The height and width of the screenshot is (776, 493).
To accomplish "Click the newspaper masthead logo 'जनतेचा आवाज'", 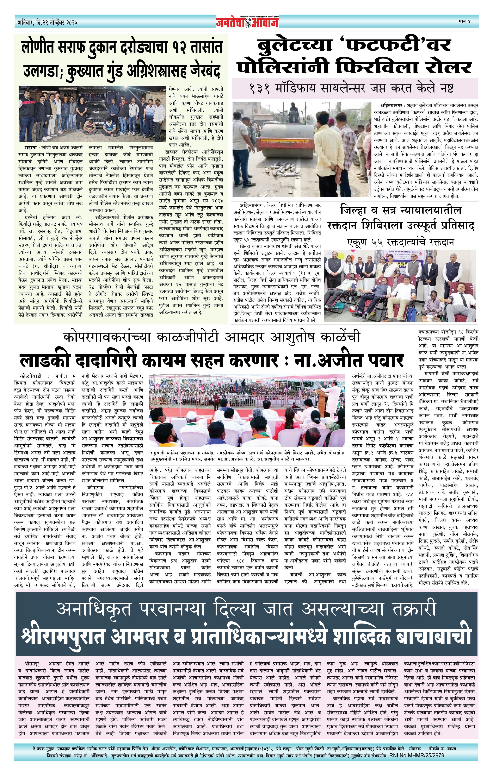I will tap(247, 22).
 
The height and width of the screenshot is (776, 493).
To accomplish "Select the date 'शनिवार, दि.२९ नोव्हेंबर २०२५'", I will tap(48, 23).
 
